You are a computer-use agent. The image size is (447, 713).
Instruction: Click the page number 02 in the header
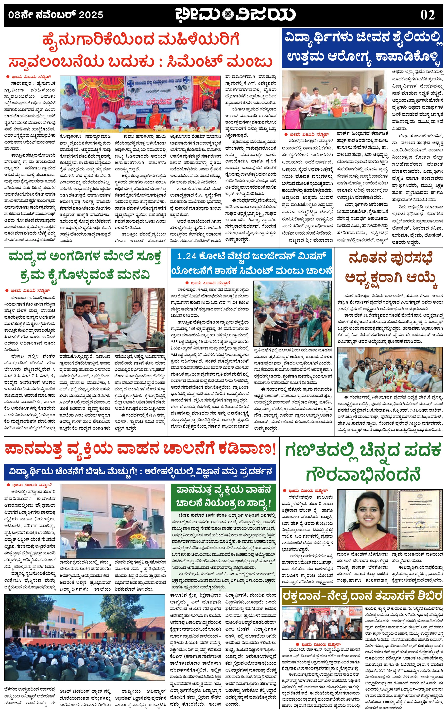(x=428, y=15)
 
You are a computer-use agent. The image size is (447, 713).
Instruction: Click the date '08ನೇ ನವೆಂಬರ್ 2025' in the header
(x=56, y=15)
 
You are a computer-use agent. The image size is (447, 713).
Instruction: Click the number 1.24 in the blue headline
(x=187, y=256)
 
